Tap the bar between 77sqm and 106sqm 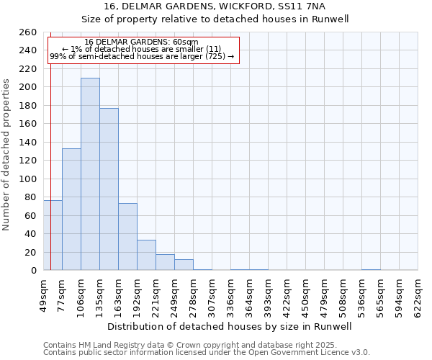coord(71,209)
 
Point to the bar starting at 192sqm coord(146,255)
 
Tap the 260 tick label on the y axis coord(28,32)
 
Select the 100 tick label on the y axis coord(28,179)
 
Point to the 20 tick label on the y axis coord(31,252)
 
